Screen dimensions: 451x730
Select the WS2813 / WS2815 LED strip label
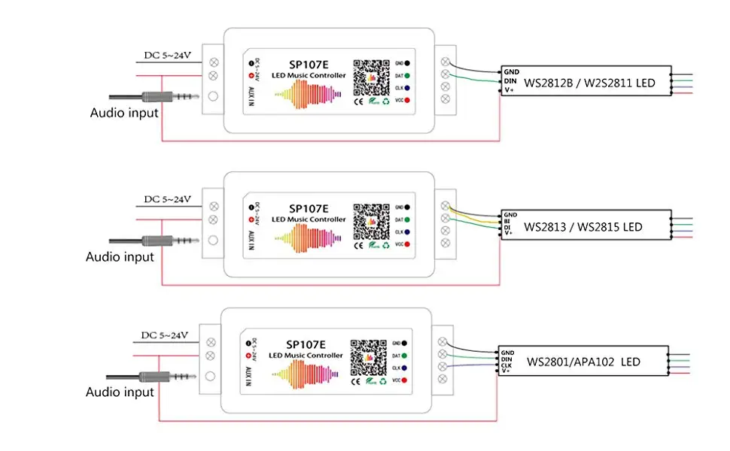[583, 225]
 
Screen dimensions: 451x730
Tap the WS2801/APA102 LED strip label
[583, 362]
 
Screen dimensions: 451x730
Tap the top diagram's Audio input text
[124, 113]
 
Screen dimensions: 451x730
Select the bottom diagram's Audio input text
[120, 392]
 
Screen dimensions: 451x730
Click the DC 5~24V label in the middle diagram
[168, 199]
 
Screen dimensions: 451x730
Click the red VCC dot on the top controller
[407, 100]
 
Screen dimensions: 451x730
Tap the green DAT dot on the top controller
[407, 75]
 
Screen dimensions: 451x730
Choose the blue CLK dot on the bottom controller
[404, 368]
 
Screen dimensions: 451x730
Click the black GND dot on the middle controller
[407, 207]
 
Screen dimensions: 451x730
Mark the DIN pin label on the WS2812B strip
[510, 81]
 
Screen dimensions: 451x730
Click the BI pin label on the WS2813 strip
[509, 220]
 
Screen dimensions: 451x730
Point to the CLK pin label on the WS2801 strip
[507, 365]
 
